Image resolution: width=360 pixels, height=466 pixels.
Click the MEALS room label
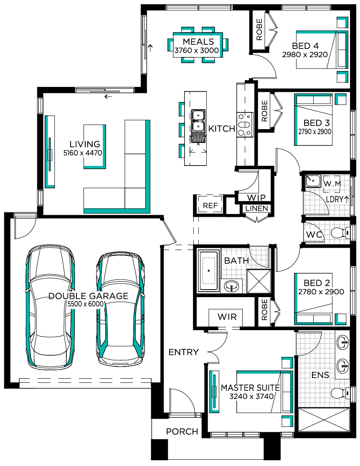[x=198, y=42]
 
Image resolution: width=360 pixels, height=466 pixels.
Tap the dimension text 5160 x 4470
[x=83, y=153]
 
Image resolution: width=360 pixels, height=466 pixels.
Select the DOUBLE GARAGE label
[x=88, y=296]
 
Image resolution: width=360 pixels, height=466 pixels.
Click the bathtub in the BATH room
[x=208, y=270]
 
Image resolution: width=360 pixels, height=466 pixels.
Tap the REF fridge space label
[x=210, y=205]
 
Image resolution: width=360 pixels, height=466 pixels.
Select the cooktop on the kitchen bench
[x=245, y=125]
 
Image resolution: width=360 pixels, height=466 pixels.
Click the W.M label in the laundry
[x=332, y=183]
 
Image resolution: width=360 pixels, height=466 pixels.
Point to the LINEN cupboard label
[x=256, y=209]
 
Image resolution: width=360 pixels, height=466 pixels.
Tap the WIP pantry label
[x=256, y=198]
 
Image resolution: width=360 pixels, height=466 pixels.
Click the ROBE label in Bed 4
[x=259, y=29]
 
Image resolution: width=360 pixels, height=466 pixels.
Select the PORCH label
[x=182, y=432]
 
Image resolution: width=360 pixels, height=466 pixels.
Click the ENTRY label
[x=183, y=352]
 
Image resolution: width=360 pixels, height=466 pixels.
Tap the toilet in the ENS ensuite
[x=340, y=393]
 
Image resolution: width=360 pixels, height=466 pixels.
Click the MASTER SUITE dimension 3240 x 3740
[x=251, y=396]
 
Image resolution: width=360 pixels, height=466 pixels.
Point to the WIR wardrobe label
[x=227, y=317]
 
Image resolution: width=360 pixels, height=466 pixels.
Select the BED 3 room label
[x=316, y=123]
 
